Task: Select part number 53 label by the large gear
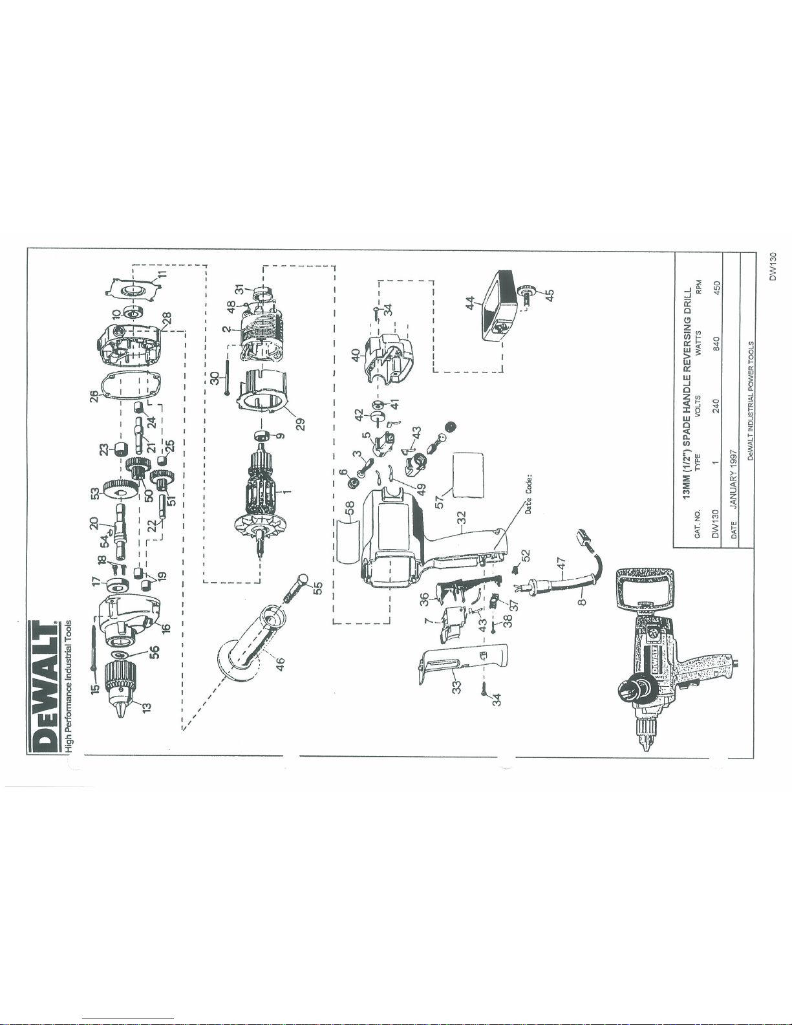point(96,494)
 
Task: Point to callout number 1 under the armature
point(287,491)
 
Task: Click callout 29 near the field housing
point(300,424)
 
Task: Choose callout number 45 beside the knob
point(549,295)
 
